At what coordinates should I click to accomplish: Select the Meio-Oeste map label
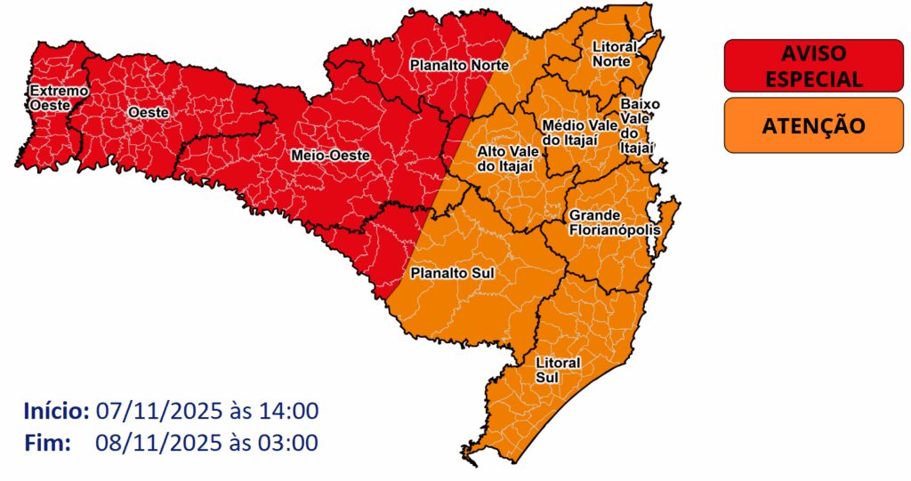330,156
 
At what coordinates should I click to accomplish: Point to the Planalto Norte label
459,65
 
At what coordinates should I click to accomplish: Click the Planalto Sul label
453,273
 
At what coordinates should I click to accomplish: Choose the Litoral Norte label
614,53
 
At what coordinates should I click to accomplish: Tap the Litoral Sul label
558,371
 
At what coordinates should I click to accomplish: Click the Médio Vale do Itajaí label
579,132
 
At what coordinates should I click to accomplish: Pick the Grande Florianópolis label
615,222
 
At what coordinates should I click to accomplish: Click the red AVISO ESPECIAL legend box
813,65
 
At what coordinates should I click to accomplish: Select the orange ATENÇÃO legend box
813,125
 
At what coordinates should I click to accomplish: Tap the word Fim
47,442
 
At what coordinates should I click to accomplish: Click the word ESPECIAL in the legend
813,78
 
